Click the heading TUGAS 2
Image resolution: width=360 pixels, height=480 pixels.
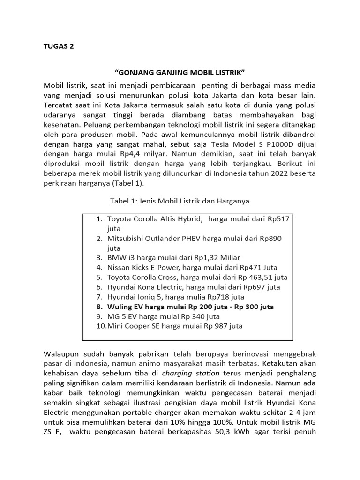tap(59, 46)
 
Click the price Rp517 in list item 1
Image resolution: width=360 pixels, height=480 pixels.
tap(280, 218)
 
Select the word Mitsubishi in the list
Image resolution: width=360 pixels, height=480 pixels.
tap(127, 238)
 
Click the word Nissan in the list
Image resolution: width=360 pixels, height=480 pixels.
tap(119, 268)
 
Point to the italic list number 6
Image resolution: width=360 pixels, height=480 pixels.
tap(98, 287)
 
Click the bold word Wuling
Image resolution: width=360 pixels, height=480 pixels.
tap(120, 307)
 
